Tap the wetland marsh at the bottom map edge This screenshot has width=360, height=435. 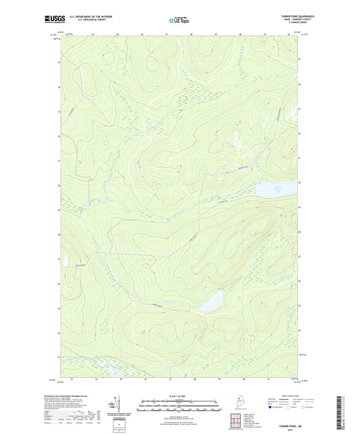tap(108, 370)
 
